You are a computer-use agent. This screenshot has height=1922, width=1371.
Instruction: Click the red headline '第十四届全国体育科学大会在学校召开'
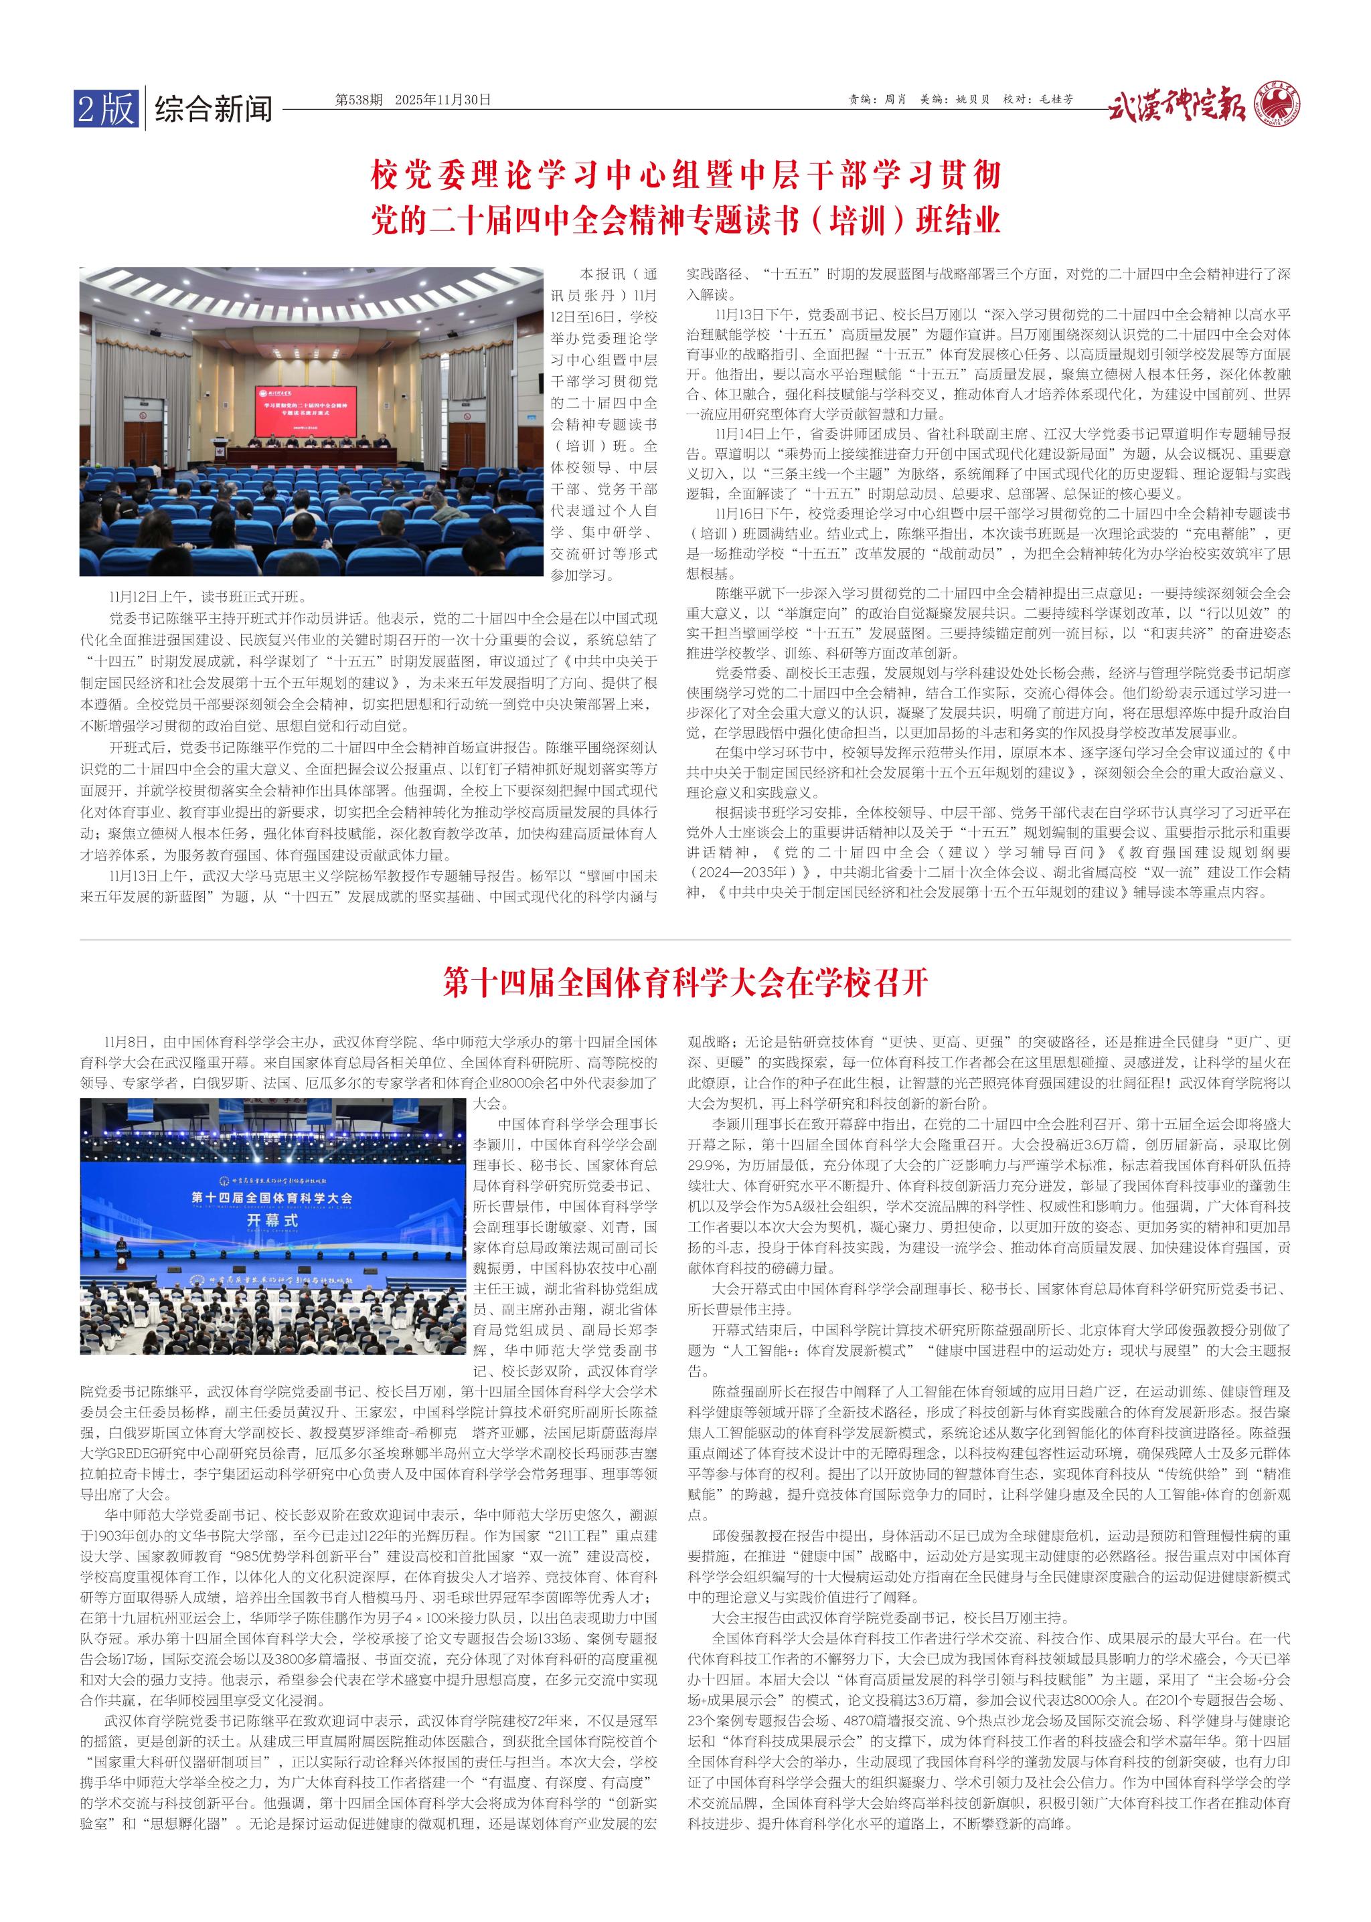(685, 983)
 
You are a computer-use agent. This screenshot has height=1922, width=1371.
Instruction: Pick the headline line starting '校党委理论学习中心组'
(685, 175)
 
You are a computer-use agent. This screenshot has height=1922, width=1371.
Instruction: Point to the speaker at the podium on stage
(123, 1249)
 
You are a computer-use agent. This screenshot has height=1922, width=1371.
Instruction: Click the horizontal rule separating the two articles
(685, 939)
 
